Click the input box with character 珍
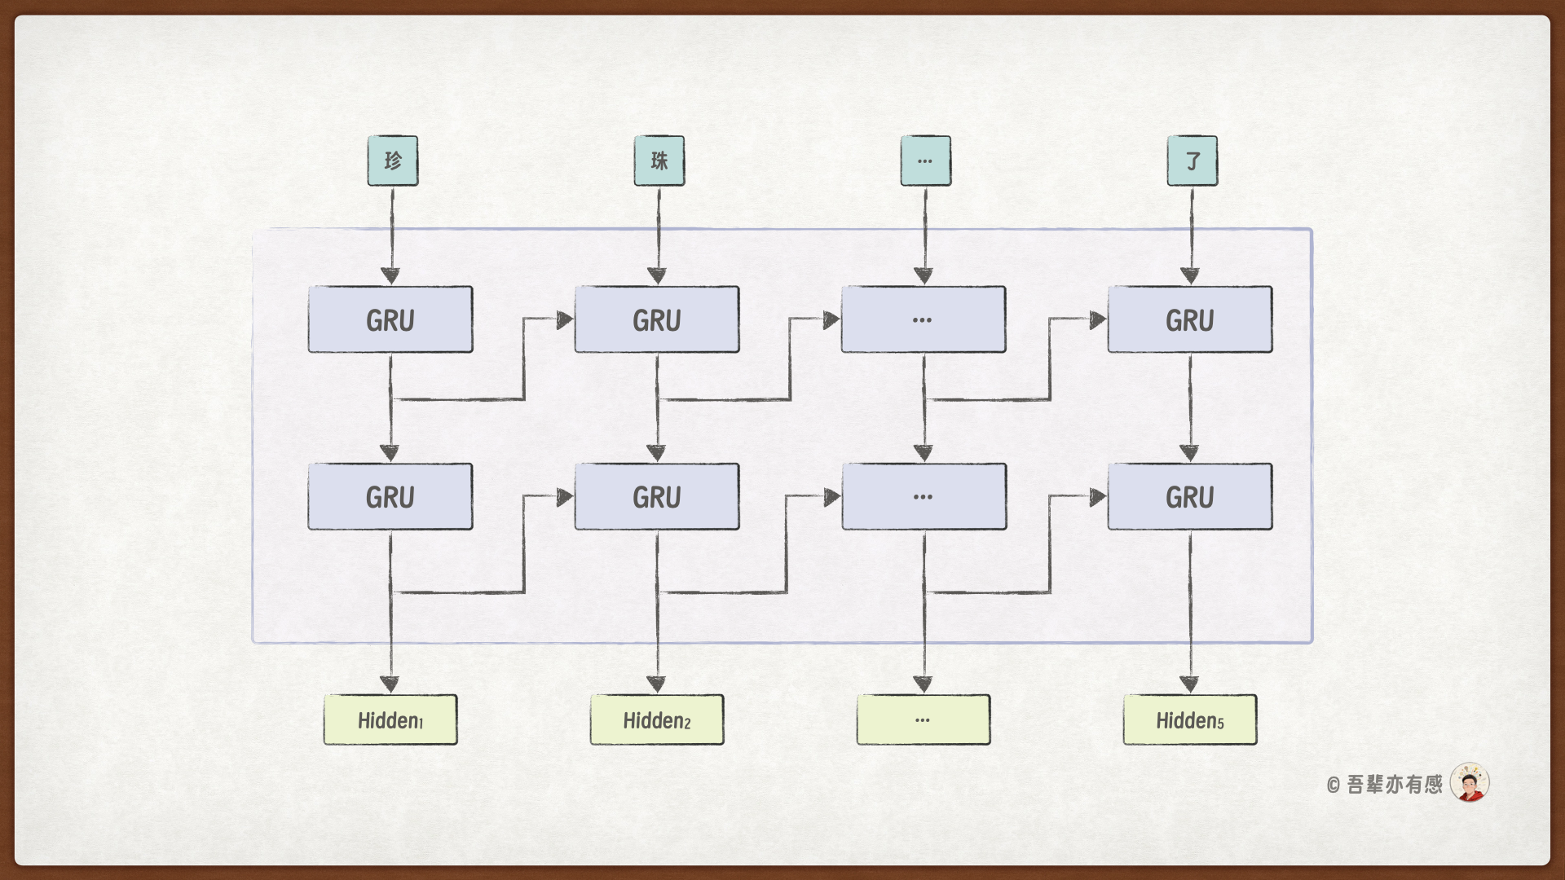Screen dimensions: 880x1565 (x=392, y=161)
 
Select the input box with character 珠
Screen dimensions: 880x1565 (x=659, y=161)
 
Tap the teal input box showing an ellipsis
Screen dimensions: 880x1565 (x=925, y=161)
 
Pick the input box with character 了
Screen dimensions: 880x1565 (x=1192, y=161)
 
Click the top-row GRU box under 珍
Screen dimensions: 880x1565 (x=390, y=319)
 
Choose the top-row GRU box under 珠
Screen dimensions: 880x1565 (x=657, y=319)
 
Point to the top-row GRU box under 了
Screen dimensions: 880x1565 (x=1190, y=319)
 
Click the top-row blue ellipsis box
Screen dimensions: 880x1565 (x=924, y=319)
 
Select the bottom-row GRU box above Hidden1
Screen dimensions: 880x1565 (x=390, y=496)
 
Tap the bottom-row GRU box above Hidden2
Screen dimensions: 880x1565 (x=657, y=496)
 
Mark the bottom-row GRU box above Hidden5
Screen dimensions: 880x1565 (x=1190, y=496)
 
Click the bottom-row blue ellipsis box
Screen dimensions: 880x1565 (x=924, y=496)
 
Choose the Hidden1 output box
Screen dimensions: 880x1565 (x=390, y=719)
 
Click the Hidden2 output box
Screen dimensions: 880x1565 (x=657, y=719)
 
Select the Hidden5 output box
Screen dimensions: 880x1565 (x=1190, y=719)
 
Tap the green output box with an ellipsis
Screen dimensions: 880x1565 (x=924, y=719)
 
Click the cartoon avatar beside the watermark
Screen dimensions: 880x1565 (x=1470, y=783)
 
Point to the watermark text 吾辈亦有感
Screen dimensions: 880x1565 (x=1394, y=784)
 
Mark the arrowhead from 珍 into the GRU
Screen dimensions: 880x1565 (x=391, y=275)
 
